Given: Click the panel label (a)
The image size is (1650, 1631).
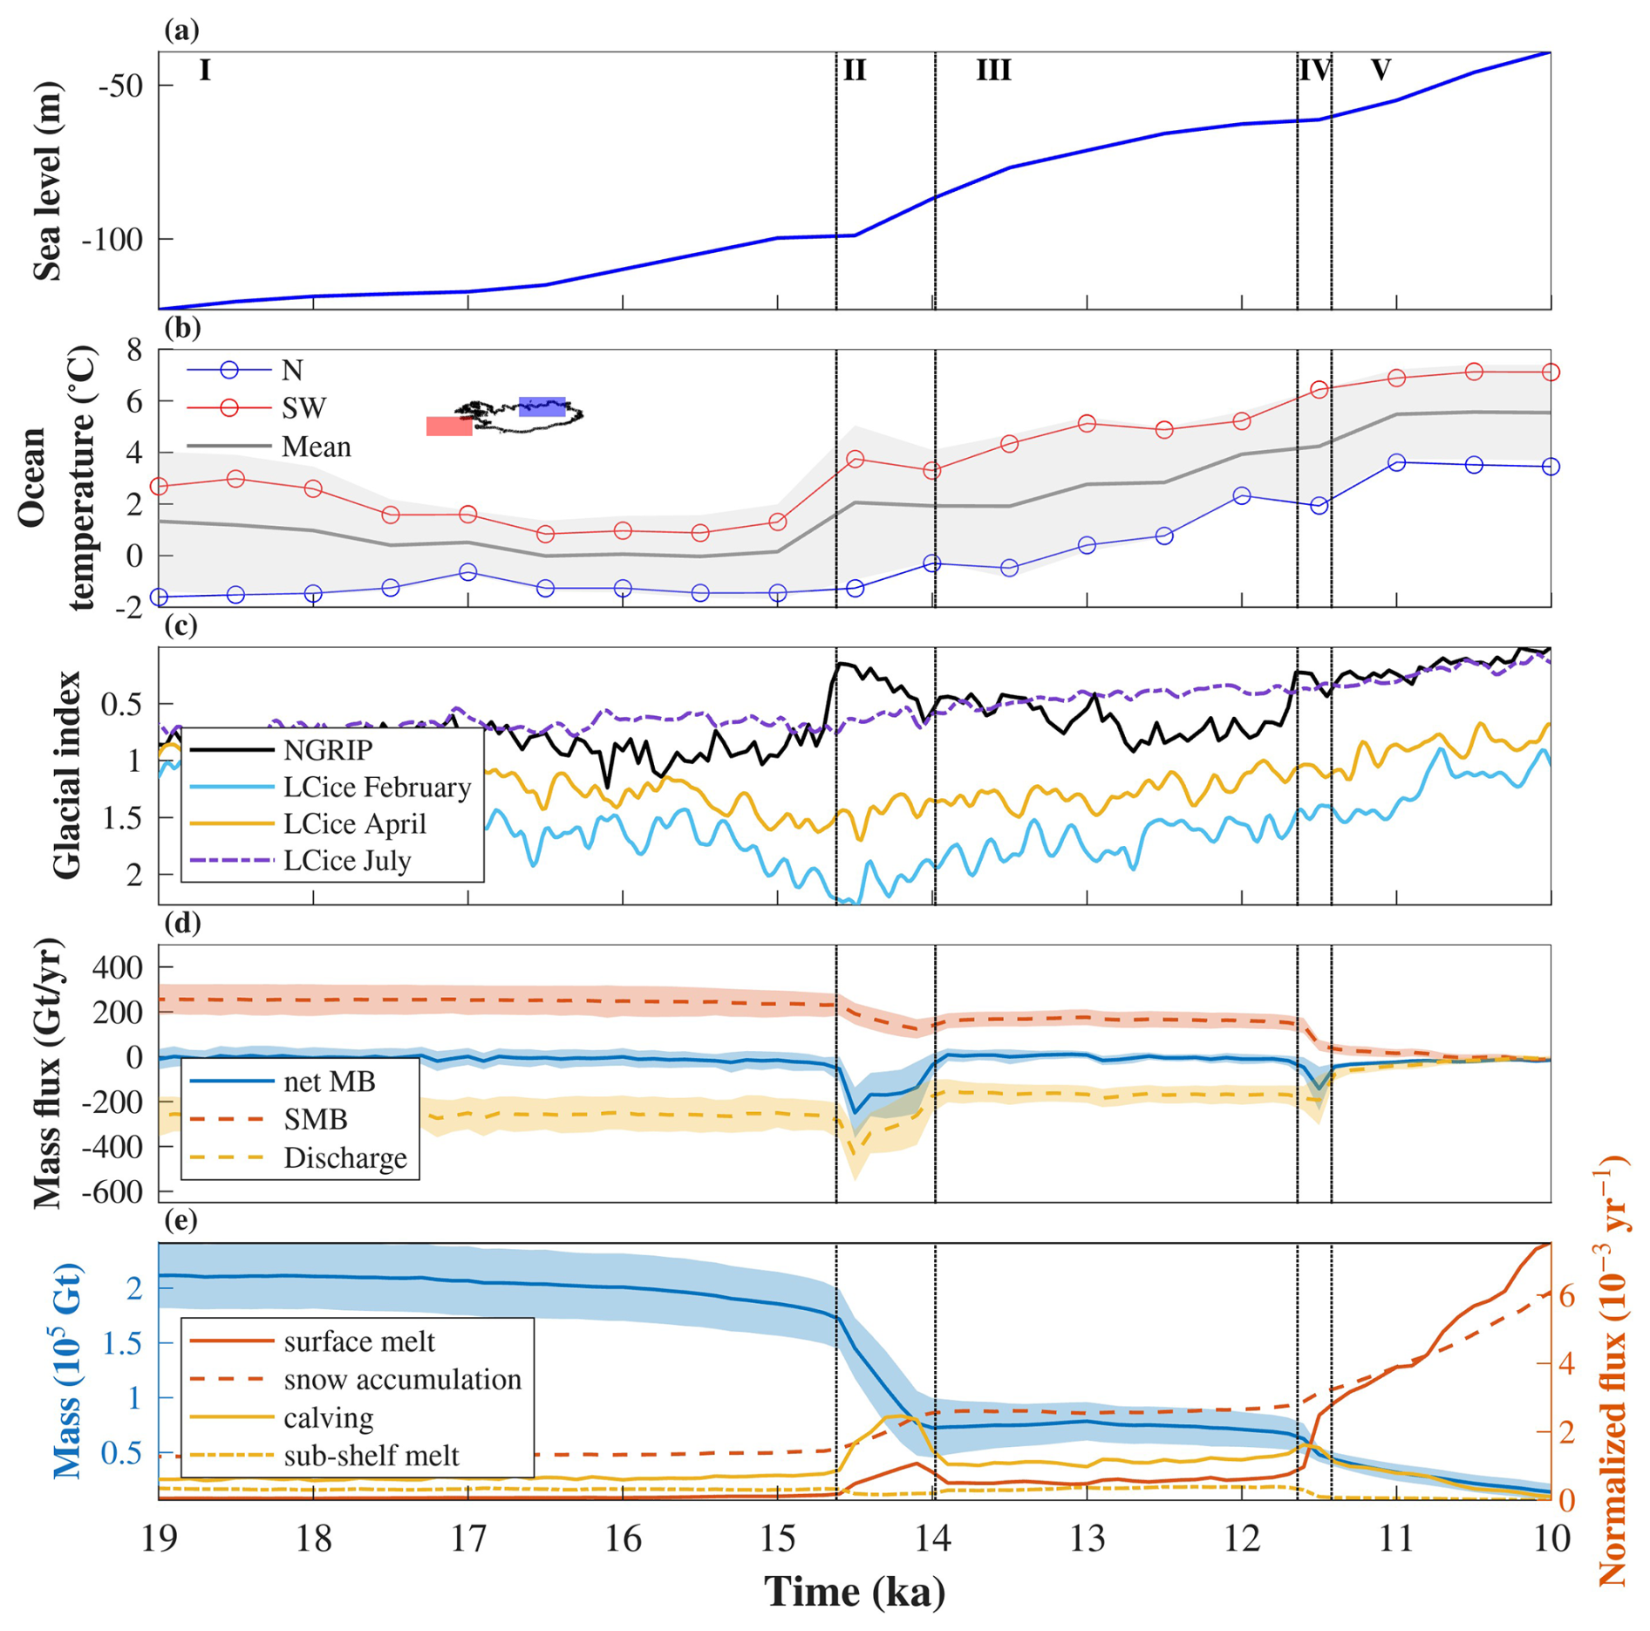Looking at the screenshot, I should tap(181, 31).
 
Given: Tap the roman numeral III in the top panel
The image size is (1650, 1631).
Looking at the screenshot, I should tap(993, 70).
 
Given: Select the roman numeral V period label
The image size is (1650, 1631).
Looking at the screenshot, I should tap(1380, 70).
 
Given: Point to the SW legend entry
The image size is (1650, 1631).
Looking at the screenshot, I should tap(303, 408).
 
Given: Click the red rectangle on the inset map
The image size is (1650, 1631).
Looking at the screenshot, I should tap(449, 426).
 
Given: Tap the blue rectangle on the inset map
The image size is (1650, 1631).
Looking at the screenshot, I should tap(542, 406).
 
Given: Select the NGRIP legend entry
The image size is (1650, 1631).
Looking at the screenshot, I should tap(328, 750).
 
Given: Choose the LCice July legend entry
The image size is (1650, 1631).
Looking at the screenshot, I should tap(347, 861).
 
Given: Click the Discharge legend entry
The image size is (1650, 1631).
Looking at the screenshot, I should tap(345, 1158).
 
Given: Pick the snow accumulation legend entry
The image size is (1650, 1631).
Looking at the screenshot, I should tap(402, 1379).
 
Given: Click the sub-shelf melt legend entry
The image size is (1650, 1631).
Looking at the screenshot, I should tap(371, 1455).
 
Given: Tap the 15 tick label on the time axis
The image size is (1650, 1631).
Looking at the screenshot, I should tap(777, 1539).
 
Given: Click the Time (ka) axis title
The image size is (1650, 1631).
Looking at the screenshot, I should tap(854, 1592).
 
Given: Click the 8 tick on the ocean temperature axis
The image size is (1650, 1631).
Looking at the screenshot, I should tap(133, 351).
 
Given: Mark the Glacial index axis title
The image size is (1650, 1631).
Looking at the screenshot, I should tap(67, 775).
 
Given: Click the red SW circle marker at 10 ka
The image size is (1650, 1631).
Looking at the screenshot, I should tap(1551, 372).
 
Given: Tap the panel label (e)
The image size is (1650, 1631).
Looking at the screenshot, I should tap(181, 1220).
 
